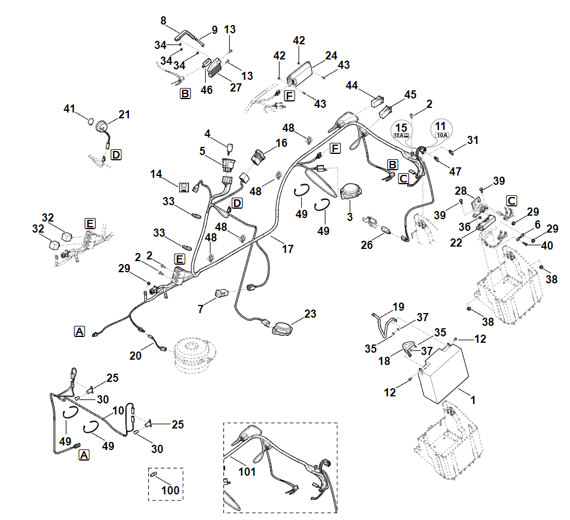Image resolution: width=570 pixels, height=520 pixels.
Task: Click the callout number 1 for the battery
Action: (x=473, y=400)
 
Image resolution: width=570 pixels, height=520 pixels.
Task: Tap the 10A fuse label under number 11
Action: (x=440, y=135)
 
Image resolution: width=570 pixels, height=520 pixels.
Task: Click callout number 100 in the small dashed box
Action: (x=170, y=490)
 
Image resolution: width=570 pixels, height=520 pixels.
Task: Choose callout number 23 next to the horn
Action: (x=310, y=314)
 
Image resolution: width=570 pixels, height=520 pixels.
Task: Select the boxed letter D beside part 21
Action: (x=116, y=154)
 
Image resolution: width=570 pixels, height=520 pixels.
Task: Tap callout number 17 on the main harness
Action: (x=288, y=249)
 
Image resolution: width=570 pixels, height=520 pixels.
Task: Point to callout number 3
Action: (x=349, y=217)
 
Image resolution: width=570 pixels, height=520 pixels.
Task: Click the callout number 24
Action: (x=331, y=56)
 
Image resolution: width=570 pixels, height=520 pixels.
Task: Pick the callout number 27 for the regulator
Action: (x=236, y=88)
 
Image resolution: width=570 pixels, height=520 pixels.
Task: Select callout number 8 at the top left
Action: (x=163, y=20)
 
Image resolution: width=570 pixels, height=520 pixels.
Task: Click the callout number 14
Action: (x=156, y=174)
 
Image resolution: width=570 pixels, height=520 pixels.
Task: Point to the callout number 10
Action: (x=118, y=410)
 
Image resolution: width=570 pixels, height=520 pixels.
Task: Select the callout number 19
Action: (x=398, y=307)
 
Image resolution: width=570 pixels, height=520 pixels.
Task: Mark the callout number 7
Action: (x=200, y=308)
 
